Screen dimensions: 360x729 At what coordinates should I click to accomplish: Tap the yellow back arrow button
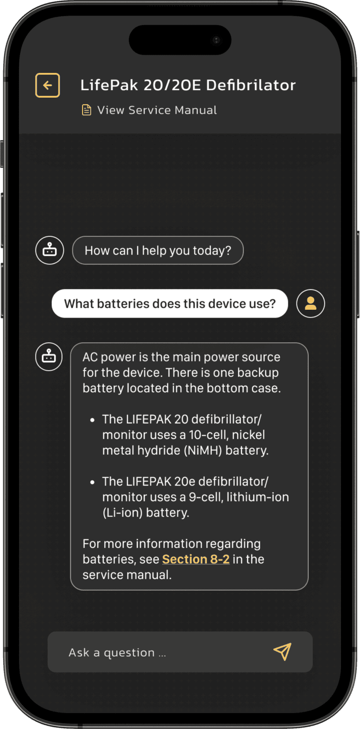coord(48,85)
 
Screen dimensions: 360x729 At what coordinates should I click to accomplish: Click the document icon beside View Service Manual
coord(86,110)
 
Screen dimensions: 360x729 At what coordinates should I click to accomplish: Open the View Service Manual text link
coord(157,110)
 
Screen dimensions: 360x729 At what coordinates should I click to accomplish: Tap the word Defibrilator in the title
coord(250,85)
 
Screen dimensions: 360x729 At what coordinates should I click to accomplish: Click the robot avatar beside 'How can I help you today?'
coord(49,250)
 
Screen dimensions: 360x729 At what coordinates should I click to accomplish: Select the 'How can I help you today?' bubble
coord(158,250)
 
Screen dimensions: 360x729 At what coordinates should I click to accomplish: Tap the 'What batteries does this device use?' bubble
coord(170,304)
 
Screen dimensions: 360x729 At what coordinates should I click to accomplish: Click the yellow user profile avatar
coord(311,304)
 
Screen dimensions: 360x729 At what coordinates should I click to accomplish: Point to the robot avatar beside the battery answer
coord(49,357)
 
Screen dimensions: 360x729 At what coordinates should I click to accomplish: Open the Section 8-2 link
coord(196,559)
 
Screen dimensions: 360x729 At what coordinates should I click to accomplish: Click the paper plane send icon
coord(282,652)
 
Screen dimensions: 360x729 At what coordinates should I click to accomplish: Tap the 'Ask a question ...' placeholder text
coord(117,653)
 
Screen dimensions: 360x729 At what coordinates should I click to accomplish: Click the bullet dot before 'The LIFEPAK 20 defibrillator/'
coord(92,420)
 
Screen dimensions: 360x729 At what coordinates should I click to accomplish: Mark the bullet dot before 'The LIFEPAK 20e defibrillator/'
coord(92,482)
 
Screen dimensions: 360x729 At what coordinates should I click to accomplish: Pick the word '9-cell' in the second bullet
coord(206,497)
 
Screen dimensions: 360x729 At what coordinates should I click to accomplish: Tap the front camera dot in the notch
coord(216,40)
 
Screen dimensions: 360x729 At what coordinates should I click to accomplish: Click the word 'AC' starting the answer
coord(90,357)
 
